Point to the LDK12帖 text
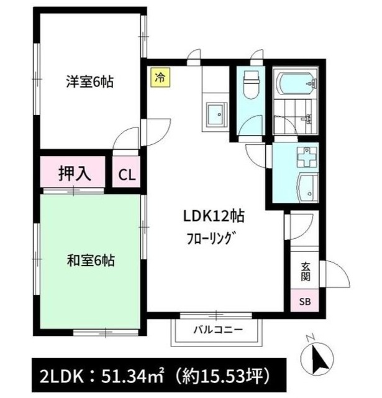coord(212,217)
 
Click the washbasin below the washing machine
coord(307,187)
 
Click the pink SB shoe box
coord(306,302)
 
